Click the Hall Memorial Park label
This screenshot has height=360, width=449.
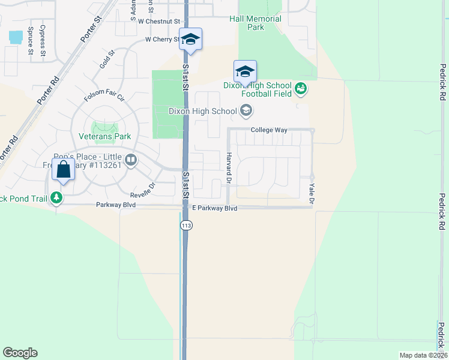pos(255,23)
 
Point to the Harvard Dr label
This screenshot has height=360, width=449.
pos(229,168)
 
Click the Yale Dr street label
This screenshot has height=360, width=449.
pos(312,189)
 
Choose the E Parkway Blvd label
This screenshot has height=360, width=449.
pos(214,208)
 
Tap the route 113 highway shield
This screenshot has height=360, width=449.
pos(184,224)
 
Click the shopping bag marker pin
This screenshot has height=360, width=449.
pos(63,170)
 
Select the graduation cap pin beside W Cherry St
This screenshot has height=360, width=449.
pos(190,40)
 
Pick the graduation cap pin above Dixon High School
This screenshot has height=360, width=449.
pos(245,72)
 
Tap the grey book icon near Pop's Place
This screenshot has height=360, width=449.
pos(131,160)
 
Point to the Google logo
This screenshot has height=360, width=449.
pos(20,353)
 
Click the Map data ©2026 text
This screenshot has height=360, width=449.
pos(423,355)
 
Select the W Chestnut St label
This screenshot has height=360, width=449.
pos(158,21)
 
